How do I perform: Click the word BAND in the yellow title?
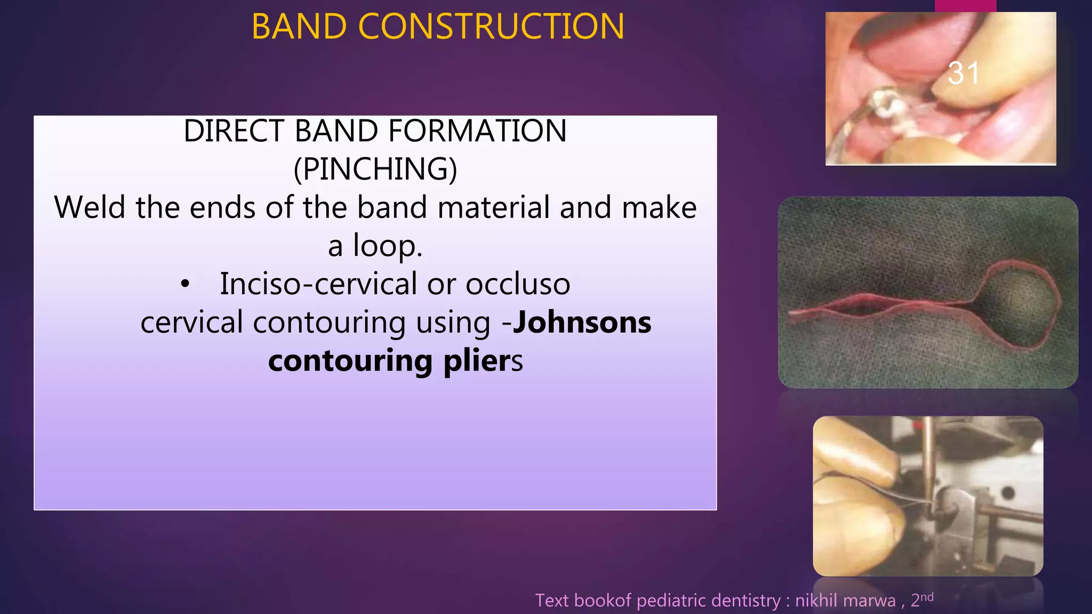pyautogui.click(x=298, y=27)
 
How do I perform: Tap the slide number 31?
pyautogui.click(x=963, y=73)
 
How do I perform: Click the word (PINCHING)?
pyautogui.click(x=375, y=169)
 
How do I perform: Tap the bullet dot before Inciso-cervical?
pyautogui.click(x=184, y=285)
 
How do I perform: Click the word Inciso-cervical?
pyautogui.click(x=319, y=284)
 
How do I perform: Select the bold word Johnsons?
pyautogui.click(x=582, y=323)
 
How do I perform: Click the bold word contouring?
pyautogui.click(x=350, y=361)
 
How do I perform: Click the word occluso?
pyautogui.click(x=518, y=284)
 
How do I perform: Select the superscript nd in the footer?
pyautogui.click(x=927, y=596)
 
